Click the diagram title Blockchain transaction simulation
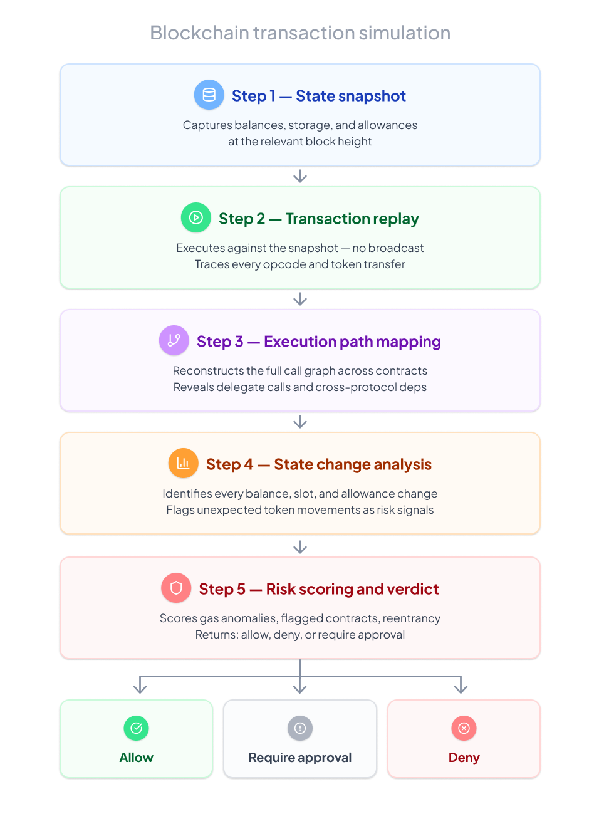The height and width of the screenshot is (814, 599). coord(300,33)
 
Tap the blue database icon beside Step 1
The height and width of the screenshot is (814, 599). coord(209,95)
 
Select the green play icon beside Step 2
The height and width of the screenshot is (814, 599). coord(196,217)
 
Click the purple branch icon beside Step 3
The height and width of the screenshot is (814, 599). coord(174,340)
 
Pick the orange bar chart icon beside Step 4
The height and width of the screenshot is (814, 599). coord(183,463)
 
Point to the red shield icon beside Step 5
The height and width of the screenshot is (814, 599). coord(176,588)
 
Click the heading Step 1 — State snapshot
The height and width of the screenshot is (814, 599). coord(318,96)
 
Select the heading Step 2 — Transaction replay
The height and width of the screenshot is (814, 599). coord(318,219)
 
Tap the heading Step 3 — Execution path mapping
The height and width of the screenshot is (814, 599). coord(318,342)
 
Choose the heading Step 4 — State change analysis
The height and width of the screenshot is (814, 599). coord(318,464)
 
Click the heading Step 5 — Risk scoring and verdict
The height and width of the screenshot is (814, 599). coord(318,589)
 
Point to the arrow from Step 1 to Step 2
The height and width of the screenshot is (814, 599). coord(300,176)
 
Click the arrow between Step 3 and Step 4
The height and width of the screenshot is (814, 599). coord(300,422)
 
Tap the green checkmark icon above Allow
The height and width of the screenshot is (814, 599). coord(136,728)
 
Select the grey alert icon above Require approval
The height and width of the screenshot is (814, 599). coord(300,728)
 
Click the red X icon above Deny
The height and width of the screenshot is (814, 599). coord(464,728)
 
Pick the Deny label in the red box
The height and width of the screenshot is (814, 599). coord(464,758)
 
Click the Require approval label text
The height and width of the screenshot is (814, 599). coord(300,758)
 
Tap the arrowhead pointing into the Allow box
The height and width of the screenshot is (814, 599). coord(140,688)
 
